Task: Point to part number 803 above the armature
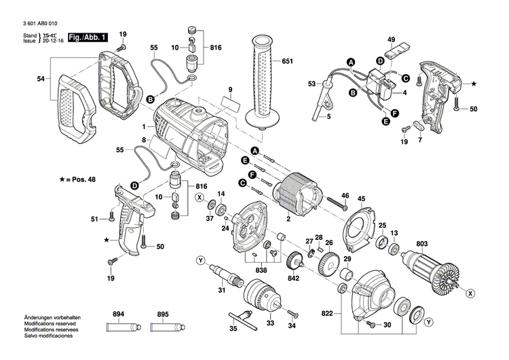tap(422, 243)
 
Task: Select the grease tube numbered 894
tap(119, 327)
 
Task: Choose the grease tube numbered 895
tap(162, 327)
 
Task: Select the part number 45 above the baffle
tap(362, 199)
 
